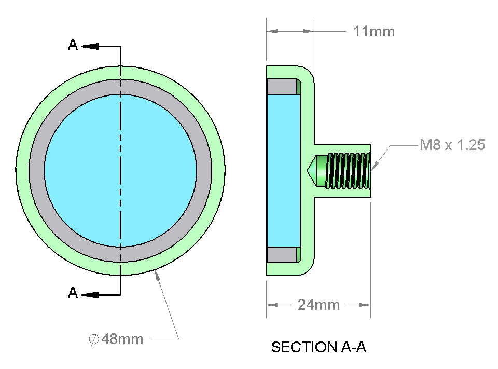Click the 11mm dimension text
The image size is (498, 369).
coord(374,32)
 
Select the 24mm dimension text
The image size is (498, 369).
coord(319,305)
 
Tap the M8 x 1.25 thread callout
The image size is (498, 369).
coord(452,145)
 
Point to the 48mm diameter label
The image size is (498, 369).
coord(122,339)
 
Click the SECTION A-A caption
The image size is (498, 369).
coord(319,347)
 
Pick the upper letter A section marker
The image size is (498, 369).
coord(73,46)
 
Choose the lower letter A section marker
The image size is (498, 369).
coord(73,293)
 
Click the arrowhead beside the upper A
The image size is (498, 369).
coord(91,46)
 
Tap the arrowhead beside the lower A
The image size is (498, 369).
coord(91,295)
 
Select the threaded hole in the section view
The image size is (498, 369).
coord(347,170)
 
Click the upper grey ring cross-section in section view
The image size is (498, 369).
coord(282,86)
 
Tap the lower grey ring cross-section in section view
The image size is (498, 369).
coord(282,254)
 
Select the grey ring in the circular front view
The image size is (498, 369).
coord(120,87)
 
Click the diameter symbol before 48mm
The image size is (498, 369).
coord(94,339)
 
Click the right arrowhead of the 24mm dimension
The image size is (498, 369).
coord(366,305)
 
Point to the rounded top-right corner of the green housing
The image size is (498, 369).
coord(308,72)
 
